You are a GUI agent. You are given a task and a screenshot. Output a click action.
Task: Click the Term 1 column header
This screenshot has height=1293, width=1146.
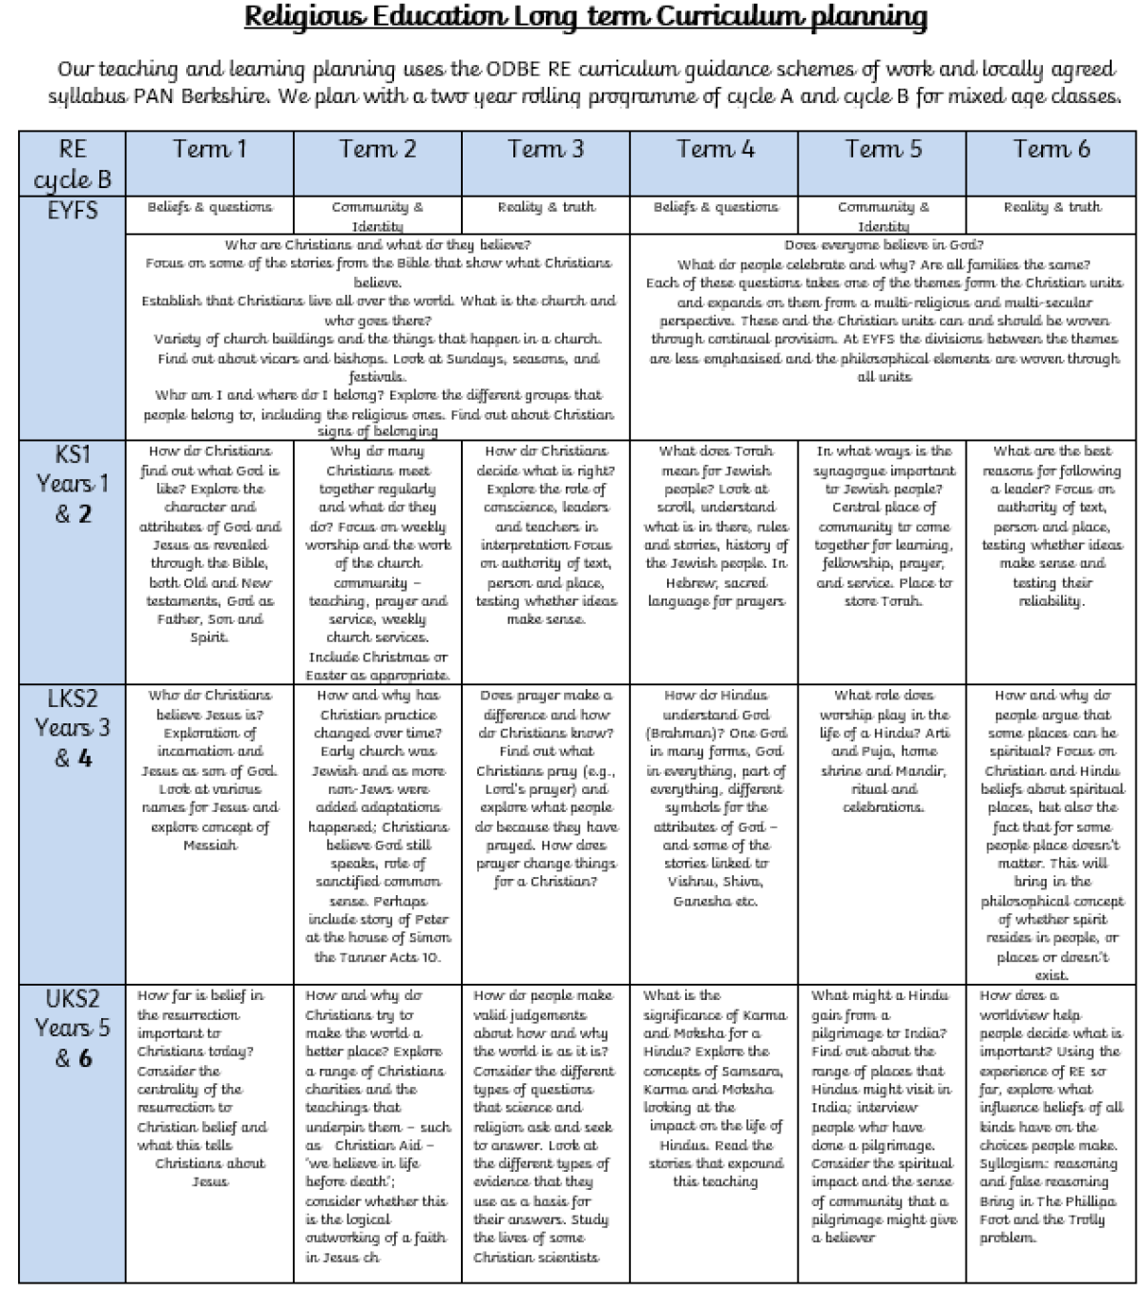coord(209,150)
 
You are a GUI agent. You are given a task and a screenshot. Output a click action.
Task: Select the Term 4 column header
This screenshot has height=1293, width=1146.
coord(715,150)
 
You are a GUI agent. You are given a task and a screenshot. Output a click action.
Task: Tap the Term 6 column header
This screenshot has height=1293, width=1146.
coord(1051,150)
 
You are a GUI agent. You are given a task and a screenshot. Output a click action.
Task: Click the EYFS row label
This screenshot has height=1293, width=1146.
coord(73,209)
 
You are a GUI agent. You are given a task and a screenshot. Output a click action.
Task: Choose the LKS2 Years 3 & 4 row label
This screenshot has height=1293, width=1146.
coord(73,727)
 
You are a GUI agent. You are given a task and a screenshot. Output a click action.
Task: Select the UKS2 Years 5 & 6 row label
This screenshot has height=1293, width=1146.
coord(73,1028)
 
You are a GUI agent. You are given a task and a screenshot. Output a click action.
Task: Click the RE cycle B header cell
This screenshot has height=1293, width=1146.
coord(73,163)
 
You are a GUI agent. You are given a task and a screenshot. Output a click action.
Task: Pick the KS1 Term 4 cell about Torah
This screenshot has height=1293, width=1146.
coord(715,526)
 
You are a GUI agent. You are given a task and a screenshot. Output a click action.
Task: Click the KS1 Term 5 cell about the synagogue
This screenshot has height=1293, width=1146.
coord(883,526)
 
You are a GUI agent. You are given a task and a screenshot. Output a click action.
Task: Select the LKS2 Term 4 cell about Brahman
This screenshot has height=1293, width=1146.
coord(715,798)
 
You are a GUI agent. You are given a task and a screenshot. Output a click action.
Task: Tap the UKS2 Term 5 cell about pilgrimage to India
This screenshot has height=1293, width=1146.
coord(883,1116)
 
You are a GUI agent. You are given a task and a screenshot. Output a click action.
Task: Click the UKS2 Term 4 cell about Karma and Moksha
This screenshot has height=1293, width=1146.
coord(715,1088)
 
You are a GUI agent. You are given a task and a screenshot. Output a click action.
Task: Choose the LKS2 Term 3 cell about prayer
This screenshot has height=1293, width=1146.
coord(546,788)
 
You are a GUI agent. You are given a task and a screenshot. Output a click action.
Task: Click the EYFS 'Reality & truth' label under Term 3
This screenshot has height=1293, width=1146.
coord(546,207)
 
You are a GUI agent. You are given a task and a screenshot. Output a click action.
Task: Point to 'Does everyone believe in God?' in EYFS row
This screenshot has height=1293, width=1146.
coord(884,245)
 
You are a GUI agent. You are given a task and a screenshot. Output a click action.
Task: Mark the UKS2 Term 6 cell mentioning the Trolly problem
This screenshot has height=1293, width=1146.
coord(1051,1116)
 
